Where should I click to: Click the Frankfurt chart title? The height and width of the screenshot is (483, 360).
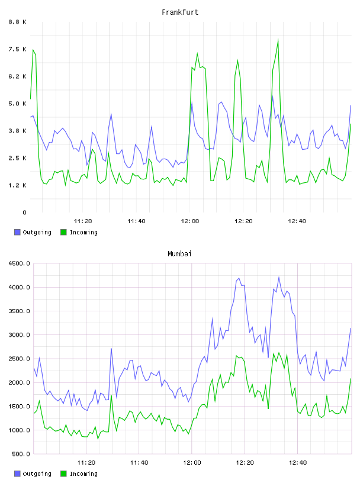click(180, 12)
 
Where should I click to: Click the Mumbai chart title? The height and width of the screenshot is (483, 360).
click(179, 254)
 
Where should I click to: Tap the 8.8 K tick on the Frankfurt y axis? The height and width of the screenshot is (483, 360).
click(18, 22)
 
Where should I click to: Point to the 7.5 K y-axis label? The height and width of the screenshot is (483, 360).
click(18, 49)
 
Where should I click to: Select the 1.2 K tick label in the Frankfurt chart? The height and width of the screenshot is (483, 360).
click(18, 185)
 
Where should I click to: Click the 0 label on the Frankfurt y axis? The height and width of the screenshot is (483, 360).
click(24, 212)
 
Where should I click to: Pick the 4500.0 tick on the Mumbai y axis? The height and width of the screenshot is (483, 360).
click(19, 263)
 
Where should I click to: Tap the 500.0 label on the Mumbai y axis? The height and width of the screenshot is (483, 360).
click(21, 454)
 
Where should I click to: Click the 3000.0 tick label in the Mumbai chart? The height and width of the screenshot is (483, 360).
click(19, 335)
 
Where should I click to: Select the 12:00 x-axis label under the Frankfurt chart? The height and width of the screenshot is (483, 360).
click(190, 221)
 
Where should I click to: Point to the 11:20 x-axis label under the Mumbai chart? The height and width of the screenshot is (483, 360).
click(86, 462)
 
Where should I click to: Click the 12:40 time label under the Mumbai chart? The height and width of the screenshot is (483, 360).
click(298, 462)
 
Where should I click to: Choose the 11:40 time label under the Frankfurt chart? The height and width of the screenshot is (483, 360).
click(136, 221)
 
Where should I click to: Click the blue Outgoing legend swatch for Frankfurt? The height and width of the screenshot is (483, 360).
click(17, 232)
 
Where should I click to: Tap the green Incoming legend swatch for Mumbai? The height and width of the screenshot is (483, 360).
click(63, 474)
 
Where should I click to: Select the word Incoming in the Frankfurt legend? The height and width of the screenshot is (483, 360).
click(83, 233)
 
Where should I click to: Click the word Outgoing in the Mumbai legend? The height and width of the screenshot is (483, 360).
click(37, 474)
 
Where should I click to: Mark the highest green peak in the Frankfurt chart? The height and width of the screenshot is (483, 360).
click(278, 40)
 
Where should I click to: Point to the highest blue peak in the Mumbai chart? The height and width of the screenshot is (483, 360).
click(279, 277)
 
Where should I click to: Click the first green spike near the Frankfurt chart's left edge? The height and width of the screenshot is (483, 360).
click(33, 50)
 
